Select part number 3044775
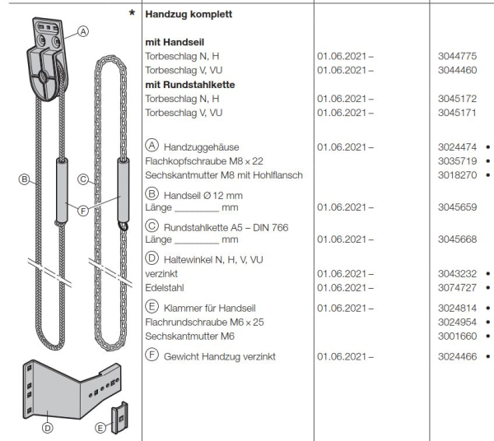pyautogui.click(x=457, y=55)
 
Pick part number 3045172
pyautogui.click(x=457, y=98)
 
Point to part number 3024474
pyautogui.click(x=457, y=146)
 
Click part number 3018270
pyautogui.click(x=457, y=174)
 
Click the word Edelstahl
pyautogui.click(x=165, y=287)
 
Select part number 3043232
pyautogui.click(x=457, y=273)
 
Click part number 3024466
pyautogui.click(x=457, y=356)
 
